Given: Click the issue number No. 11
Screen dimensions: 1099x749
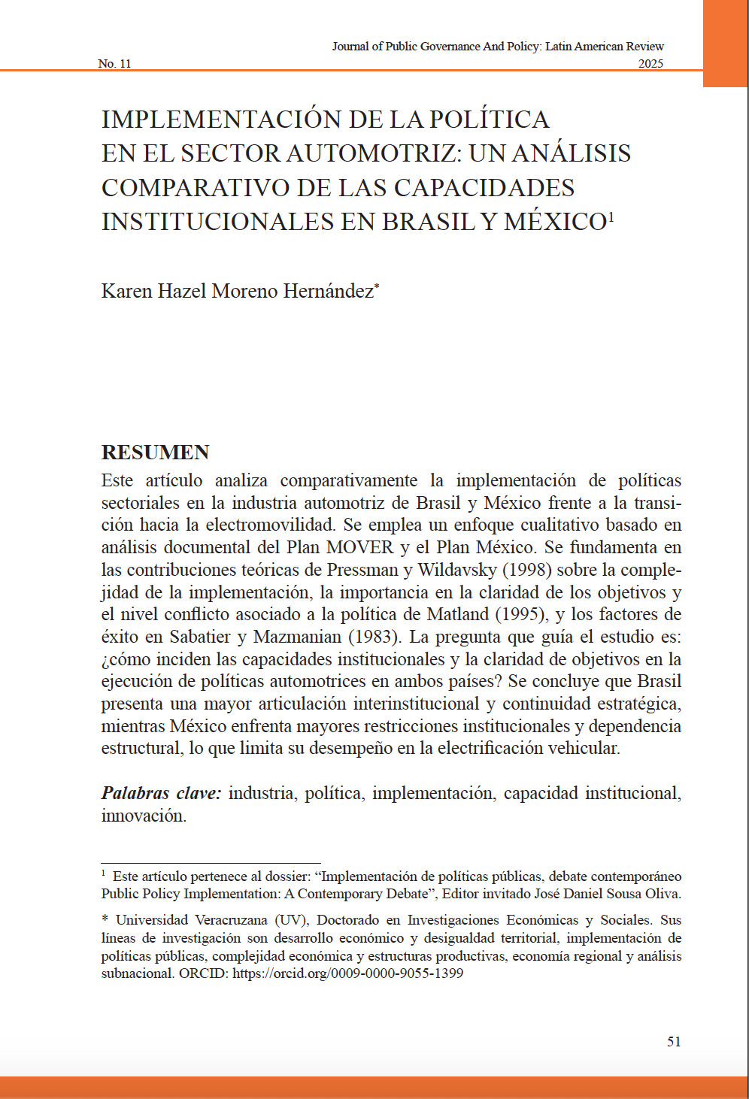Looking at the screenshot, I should click(114, 64).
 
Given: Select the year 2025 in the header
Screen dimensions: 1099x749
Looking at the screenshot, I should click(650, 64).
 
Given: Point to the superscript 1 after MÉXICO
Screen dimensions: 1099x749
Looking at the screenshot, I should click(611, 216).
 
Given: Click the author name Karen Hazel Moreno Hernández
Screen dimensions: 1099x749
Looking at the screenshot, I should click(237, 291).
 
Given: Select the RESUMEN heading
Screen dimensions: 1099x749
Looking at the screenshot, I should click(156, 453).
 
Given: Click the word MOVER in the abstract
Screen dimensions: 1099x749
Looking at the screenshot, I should click(359, 547).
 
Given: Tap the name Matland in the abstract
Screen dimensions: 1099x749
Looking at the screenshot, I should click(463, 614).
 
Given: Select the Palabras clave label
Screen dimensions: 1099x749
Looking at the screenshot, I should click(161, 793).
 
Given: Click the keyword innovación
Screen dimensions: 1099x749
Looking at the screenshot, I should click(143, 816).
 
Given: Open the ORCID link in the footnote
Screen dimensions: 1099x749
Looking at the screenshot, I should click(347, 973).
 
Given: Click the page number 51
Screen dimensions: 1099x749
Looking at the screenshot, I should click(674, 1042).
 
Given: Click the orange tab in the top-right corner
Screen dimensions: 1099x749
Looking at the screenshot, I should click(726, 43).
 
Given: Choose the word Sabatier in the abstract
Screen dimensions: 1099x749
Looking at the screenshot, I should click(200, 637).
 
